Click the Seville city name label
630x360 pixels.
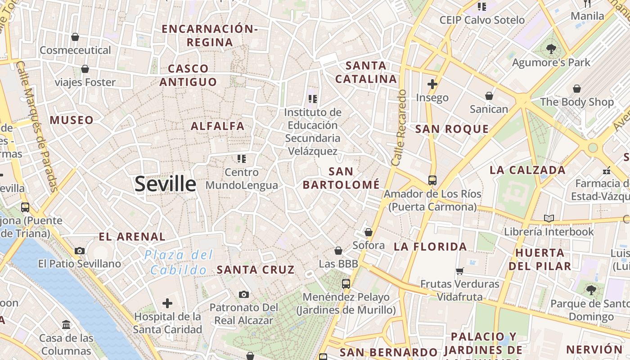coord(165,184)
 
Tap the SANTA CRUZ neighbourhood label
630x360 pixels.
coord(256,270)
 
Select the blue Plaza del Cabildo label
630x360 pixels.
coord(178,262)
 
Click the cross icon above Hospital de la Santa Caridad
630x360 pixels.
coord(167,303)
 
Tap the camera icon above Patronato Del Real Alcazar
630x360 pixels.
coord(243,295)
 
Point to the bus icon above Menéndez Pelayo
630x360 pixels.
coord(346,284)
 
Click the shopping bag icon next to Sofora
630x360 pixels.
coord(368,233)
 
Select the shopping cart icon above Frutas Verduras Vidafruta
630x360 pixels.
coord(459,271)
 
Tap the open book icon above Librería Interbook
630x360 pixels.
coord(549,219)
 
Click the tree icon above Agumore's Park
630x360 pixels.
coord(551,49)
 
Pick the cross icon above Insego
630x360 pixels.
coord(432,84)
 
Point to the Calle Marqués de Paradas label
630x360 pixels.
coord(38,126)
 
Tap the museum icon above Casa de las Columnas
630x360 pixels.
coord(66,324)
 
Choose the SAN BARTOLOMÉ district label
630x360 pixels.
coord(341,178)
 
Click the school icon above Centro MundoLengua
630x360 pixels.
coord(242,159)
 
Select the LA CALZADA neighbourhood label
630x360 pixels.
coord(527,170)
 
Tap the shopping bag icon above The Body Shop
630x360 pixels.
coord(576,89)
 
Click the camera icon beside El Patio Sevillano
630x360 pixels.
coord(80,251)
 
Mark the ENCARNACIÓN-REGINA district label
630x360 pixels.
coord(210,36)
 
